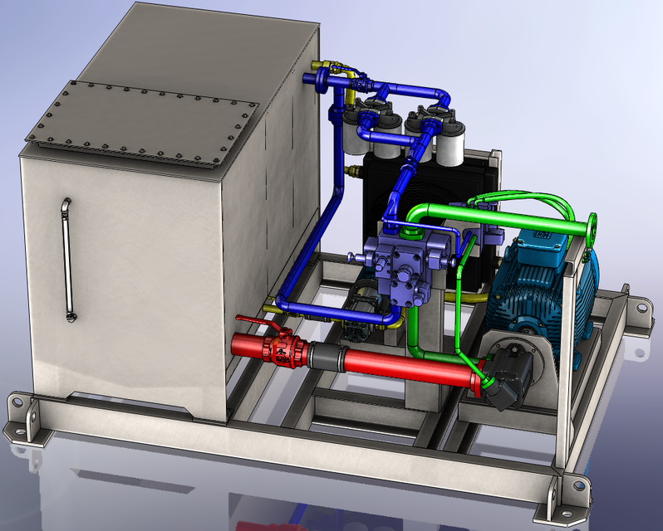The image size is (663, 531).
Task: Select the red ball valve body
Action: [279, 352]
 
